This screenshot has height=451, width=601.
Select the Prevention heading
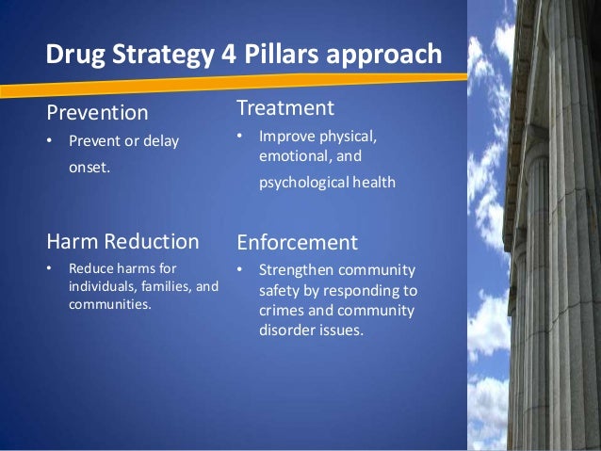98,113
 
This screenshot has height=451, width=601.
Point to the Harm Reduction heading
122,241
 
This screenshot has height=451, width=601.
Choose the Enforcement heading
297,242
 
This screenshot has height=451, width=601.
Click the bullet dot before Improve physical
240,138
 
